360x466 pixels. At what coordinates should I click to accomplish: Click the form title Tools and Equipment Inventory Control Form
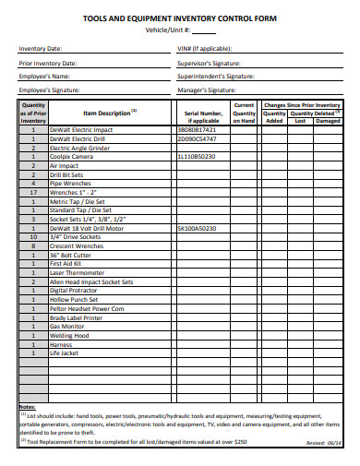point(179,18)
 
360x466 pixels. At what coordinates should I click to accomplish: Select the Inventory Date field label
point(42,48)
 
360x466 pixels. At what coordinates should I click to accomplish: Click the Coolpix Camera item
point(73,157)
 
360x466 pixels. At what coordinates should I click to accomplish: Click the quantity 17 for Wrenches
point(33,192)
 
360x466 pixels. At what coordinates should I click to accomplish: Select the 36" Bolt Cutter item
point(71,254)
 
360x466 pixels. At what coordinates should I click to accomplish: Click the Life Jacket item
point(65,352)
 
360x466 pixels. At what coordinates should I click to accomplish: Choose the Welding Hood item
point(69,335)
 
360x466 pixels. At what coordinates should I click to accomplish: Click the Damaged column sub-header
point(328,120)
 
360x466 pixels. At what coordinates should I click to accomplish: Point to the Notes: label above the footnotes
point(28,407)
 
